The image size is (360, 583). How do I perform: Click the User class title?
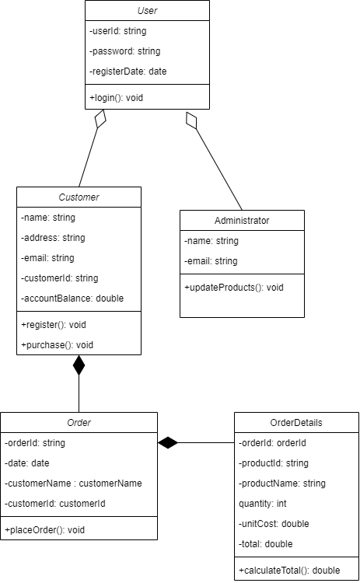coord(146,11)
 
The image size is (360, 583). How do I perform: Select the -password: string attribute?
coord(125,51)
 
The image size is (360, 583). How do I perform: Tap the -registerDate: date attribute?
coord(128,72)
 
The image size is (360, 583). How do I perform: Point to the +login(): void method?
coord(117,98)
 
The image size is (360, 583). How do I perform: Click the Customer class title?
coord(79,197)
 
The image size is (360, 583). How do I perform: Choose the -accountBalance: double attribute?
coord(72,298)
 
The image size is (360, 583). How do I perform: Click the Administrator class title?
coord(242,221)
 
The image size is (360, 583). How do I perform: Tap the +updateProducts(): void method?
coord(234,288)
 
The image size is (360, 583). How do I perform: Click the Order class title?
coord(79,423)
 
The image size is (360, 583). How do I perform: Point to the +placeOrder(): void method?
coord(44,530)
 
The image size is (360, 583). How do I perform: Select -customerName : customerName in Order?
coord(74,484)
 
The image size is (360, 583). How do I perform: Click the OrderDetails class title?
coord(296,423)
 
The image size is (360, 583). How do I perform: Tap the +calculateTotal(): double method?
coord(289,571)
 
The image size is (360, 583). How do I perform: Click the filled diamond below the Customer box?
coord(79,365)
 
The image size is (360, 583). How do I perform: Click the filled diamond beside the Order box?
coord(168,443)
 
